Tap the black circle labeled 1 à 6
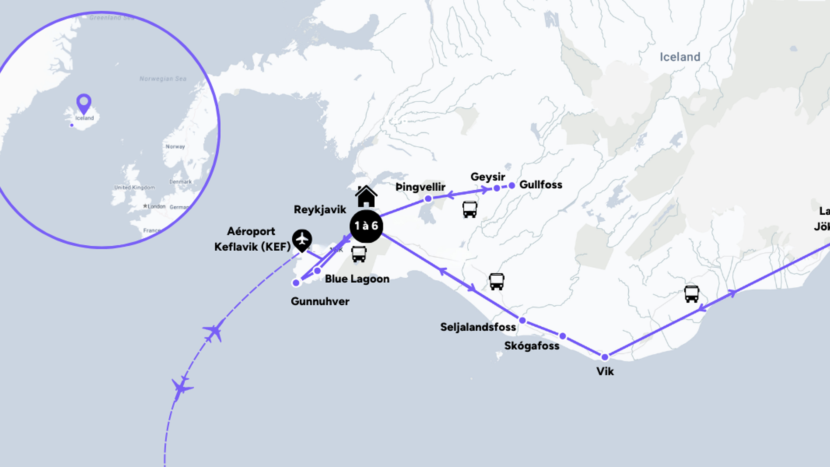(366, 226)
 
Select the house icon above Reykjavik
(366, 196)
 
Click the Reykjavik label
(320, 210)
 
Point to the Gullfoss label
(541, 185)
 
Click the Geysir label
(488, 177)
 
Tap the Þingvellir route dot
(428, 199)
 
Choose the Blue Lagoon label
(357, 279)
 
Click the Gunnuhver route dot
(296, 283)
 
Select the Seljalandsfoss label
(478, 327)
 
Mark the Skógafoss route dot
(563, 336)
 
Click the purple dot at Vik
(605, 357)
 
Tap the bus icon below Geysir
(470, 209)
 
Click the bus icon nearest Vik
(691, 294)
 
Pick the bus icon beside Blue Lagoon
(359, 254)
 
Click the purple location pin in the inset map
(84, 103)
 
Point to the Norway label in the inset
(175, 147)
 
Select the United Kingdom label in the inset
(134, 188)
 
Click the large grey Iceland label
(680, 57)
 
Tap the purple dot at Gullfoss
(512, 186)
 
